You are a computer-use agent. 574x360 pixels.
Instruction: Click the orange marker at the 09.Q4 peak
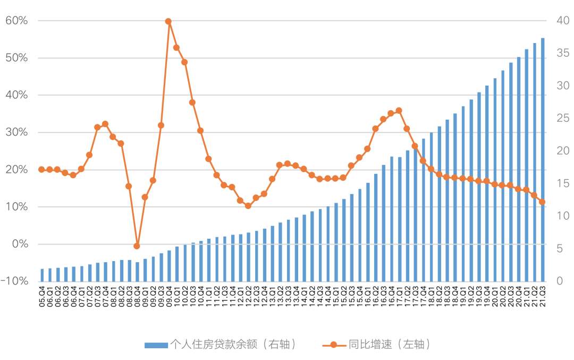click(x=168, y=22)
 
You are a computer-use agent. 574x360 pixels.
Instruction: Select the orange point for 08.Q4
click(x=137, y=246)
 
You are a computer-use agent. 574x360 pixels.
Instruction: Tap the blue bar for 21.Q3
click(x=543, y=160)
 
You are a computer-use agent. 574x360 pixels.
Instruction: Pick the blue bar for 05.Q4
click(x=42, y=275)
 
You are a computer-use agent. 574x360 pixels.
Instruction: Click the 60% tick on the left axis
click(x=17, y=21)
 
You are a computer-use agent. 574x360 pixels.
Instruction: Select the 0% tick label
click(x=20, y=244)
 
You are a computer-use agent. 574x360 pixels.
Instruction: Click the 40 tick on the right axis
click(x=563, y=21)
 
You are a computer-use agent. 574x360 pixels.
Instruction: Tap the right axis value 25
click(x=563, y=119)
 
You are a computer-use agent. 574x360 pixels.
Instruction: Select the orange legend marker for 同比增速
click(x=333, y=345)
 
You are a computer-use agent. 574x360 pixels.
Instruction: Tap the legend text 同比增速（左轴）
click(x=389, y=345)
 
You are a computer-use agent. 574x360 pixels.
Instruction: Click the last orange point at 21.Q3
click(x=542, y=202)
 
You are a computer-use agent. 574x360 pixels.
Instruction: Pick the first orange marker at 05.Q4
click(x=41, y=170)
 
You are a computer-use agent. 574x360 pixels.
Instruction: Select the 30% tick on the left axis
click(x=17, y=132)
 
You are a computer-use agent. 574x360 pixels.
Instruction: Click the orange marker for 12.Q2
click(x=248, y=206)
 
